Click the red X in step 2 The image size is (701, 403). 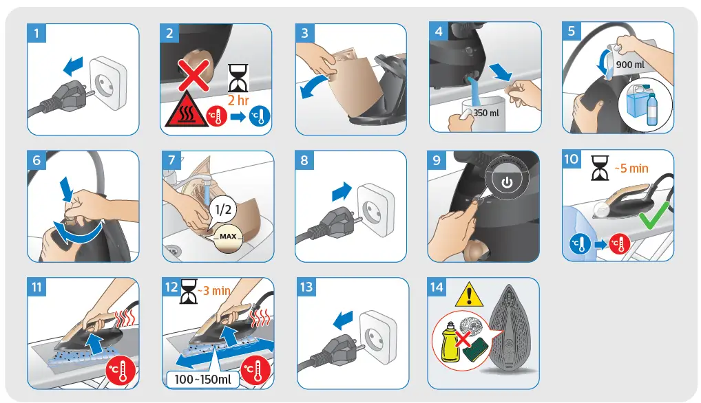(x=193, y=74)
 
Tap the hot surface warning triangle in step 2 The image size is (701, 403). (x=186, y=110)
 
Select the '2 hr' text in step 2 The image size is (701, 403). (x=238, y=100)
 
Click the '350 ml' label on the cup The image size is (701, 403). (x=486, y=113)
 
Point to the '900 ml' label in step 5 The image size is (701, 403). (x=630, y=65)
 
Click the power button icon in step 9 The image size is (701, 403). (x=507, y=182)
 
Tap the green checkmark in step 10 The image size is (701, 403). (x=654, y=215)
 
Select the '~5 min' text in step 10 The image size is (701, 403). (x=631, y=168)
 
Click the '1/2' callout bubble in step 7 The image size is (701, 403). (x=222, y=209)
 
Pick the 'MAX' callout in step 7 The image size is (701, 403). (x=227, y=237)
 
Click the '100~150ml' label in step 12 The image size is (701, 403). (x=202, y=380)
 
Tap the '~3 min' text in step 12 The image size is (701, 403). (x=213, y=291)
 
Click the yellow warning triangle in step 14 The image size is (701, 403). (x=468, y=294)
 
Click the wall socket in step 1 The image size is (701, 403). (x=109, y=82)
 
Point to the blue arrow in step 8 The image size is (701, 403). (x=342, y=191)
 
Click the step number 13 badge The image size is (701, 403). (x=306, y=287)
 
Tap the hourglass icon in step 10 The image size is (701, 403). (x=600, y=168)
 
